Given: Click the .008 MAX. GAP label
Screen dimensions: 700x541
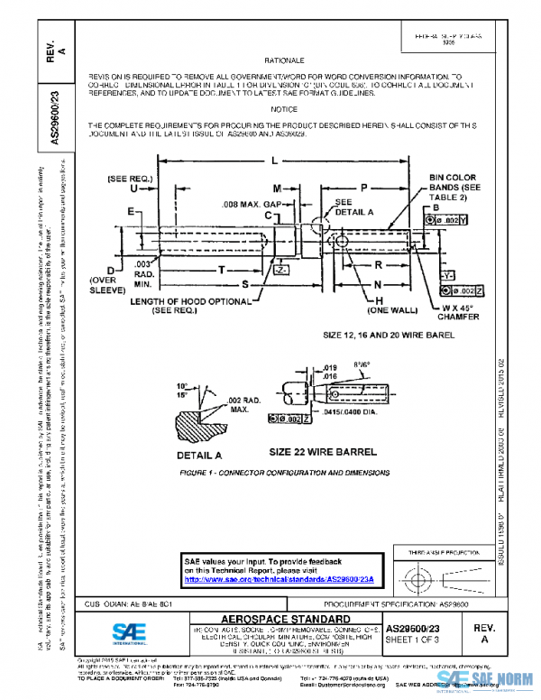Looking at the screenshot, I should pos(241,206).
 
